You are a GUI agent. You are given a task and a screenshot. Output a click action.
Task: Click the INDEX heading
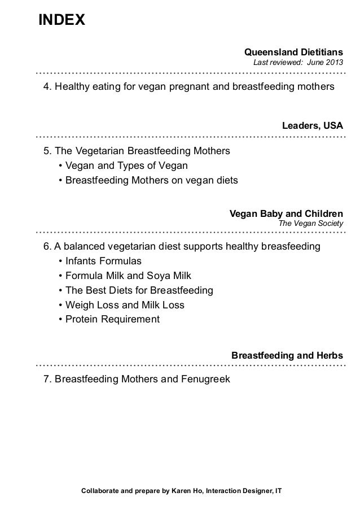click(x=62, y=21)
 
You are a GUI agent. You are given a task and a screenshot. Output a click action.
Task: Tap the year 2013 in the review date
click(x=332, y=62)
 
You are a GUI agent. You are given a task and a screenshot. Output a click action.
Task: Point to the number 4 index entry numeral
click(x=46, y=87)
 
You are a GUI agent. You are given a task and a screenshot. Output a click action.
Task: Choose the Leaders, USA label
click(x=312, y=125)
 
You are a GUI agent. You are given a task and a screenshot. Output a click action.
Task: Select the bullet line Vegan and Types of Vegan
click(x=126, y=166)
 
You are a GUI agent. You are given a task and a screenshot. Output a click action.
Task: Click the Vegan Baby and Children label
click(x=286, y=214)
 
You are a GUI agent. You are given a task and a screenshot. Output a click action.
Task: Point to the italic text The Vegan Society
click(x=311, y=224)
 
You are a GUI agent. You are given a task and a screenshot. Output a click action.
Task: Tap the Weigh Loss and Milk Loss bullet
click(x=125, y=305)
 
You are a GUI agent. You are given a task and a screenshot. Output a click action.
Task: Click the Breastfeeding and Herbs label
click(x=287, y=356)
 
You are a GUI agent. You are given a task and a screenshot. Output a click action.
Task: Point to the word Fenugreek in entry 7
click(x=205, y=378)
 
